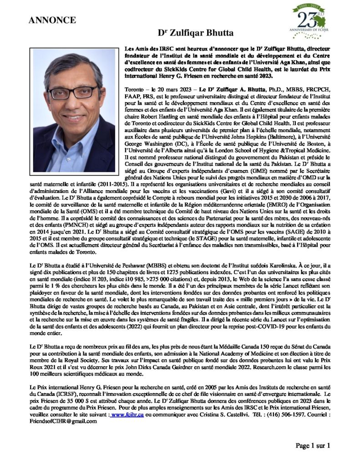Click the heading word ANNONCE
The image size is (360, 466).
(52, 20)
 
